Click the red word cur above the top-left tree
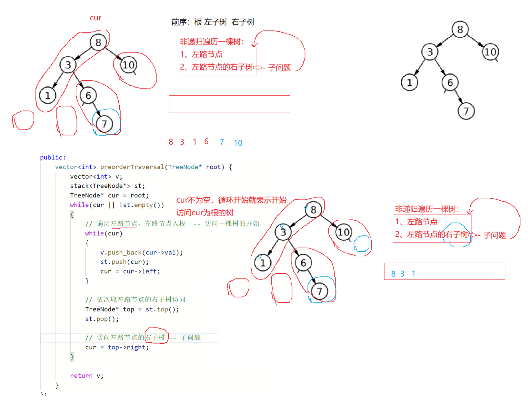(x=95, y=18)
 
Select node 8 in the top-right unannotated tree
(x=460, y=30)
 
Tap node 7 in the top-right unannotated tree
(x=466, y=111)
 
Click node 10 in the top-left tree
(x=129, y=65)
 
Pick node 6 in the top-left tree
(x=88, y=95)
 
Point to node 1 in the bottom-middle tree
(x=263, y=263)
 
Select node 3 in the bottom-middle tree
(x=283, y=232)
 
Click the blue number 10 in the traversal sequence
(x=238, y=143)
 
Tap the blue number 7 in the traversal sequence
(x=222, y=142)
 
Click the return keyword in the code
(x=81, y=376)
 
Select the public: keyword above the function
(x=53, y=157)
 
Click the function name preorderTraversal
(x=132, y=167)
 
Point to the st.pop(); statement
(x=102, y=319)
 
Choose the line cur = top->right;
(x=117, y=347)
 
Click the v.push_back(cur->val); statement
(x=141, y=252)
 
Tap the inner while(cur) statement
(x=104, y=233)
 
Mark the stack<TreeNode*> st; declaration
(x=107, y=186)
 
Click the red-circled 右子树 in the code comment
(x=155, y=337)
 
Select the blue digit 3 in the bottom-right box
(x=402, y=274)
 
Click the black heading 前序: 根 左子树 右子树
(x=213, y=22)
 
